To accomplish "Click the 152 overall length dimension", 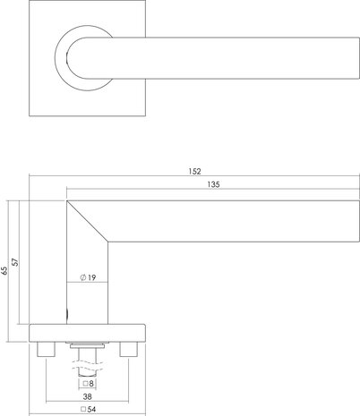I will point(195,170).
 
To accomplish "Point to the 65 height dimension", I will point(5,269).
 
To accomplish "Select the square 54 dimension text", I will point(89,410).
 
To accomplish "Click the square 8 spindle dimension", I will point(89,382).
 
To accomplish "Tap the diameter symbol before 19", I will point(82,278).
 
